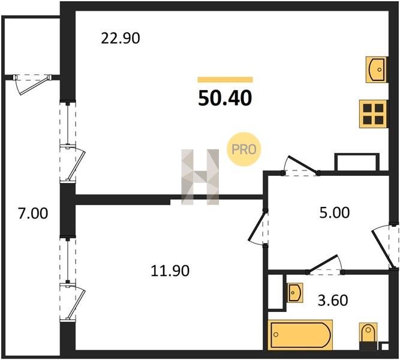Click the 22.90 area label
click(121, 38)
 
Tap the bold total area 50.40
click(225, 98)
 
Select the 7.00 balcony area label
click(33, 214)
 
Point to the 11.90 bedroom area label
click(170, 271)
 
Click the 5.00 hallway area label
click(335, 212)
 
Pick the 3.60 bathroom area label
click(333, 300)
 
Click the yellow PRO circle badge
click(244, 149)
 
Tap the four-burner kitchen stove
click(373, 114)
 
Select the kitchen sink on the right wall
click(377, 70)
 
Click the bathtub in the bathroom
click(300, 335)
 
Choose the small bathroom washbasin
click(294, 293)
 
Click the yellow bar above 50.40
click(225, 80)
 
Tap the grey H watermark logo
click(200, 177)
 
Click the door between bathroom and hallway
click(326, 266)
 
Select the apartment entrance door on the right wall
click(385, 247)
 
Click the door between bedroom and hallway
click(258, 227)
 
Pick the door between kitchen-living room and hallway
click(300, 166)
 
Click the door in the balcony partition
click(32, 84)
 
